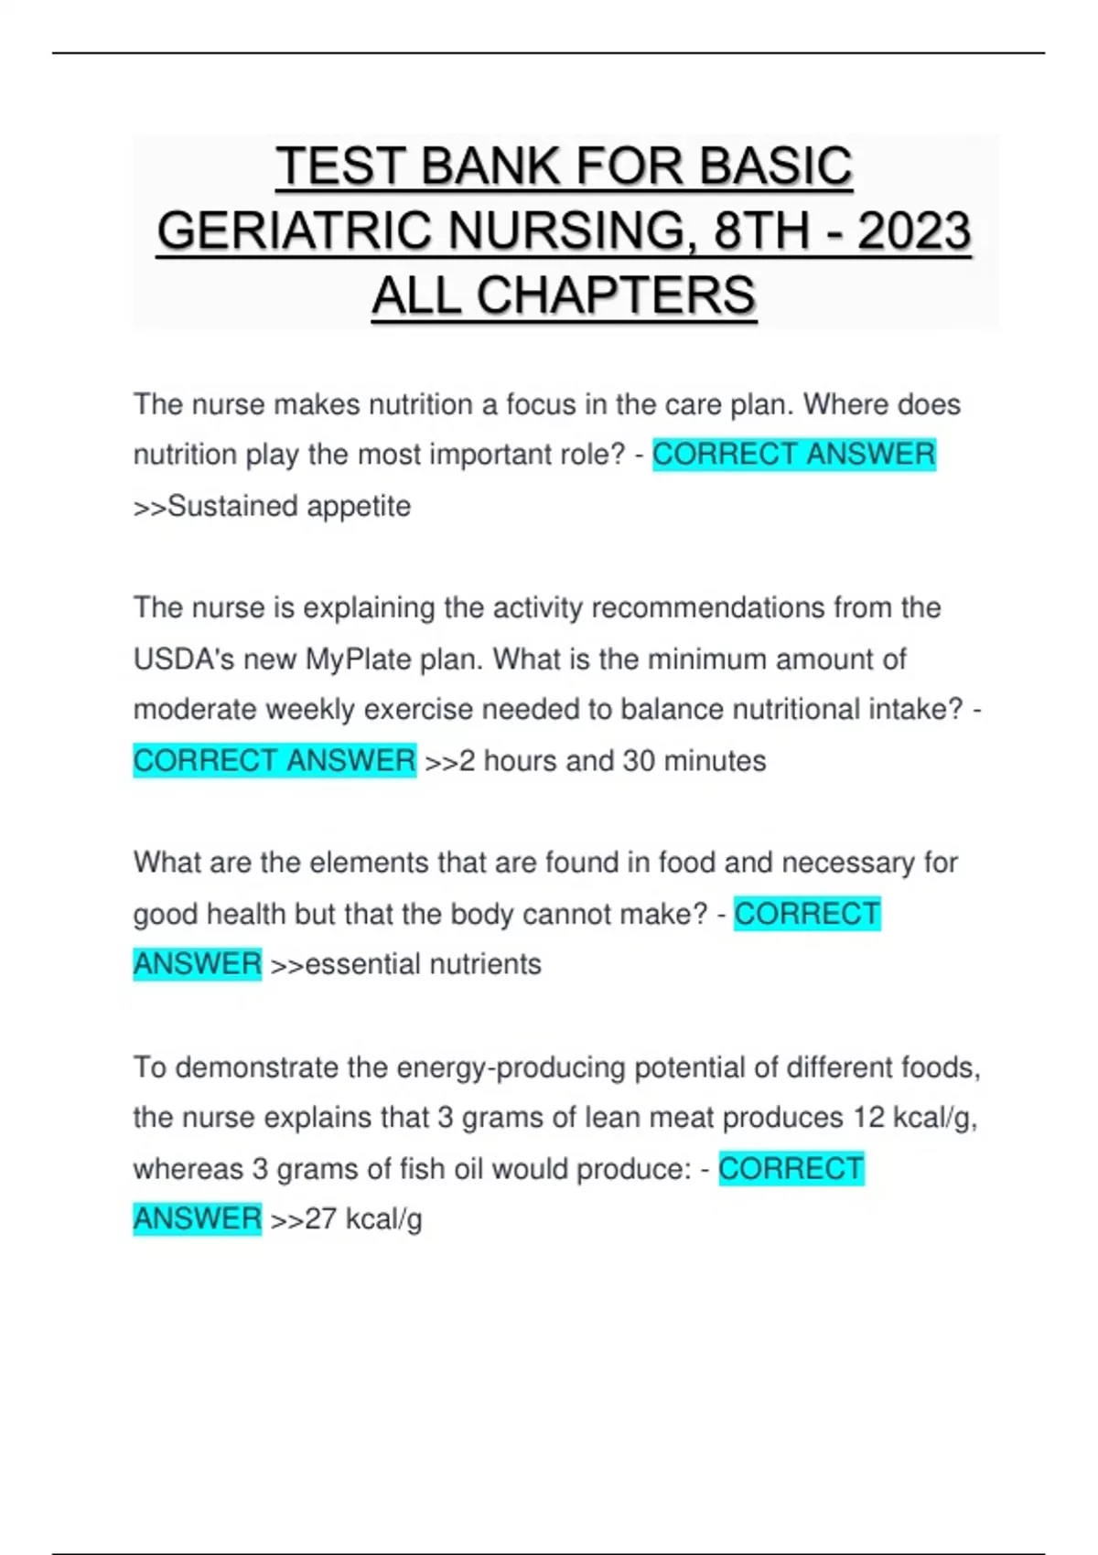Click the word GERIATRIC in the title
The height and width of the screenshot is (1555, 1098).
294,231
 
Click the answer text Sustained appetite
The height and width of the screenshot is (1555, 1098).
289,506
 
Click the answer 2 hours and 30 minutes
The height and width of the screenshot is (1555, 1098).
612,760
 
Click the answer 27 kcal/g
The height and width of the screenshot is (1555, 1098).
362,1219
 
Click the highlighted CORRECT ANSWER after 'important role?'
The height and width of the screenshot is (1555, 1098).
793,455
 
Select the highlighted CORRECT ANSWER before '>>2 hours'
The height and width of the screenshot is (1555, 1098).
274,760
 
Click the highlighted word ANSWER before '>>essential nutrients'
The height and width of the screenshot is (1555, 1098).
198,964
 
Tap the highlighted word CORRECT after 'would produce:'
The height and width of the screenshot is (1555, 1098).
791,1168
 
